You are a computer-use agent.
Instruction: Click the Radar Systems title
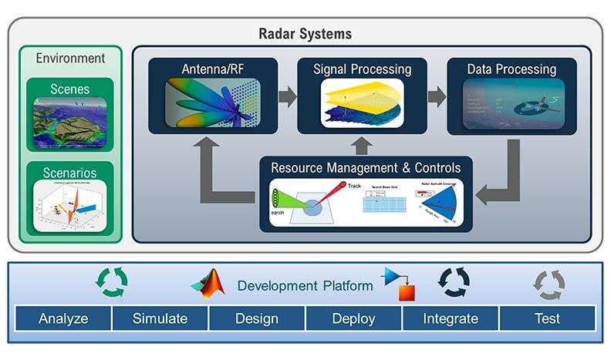click(x=305, y=33)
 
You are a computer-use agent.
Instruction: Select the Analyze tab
click(x=63, y=318)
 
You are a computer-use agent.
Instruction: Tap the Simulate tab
click(x=160, y=318)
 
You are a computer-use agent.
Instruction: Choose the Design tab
click(x=257, y=318)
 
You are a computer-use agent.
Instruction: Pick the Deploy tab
click(x=353, y=318)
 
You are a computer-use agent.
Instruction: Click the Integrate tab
click(x=451, y=318)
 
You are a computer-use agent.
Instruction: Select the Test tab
click(x=548, y=318)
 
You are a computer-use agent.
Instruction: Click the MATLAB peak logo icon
click(x=211, y=284)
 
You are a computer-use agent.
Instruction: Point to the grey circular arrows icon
click(x=549, y=284)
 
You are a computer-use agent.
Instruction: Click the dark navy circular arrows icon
click(x=454, y=283)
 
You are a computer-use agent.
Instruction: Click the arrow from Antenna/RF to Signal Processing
click(x=285, y=97)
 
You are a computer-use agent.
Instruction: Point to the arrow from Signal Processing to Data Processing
click(x=436, y=97)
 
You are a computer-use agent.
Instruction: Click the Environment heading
click(x=70, y=58)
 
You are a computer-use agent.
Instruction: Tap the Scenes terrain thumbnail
click(x=70, y=124)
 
